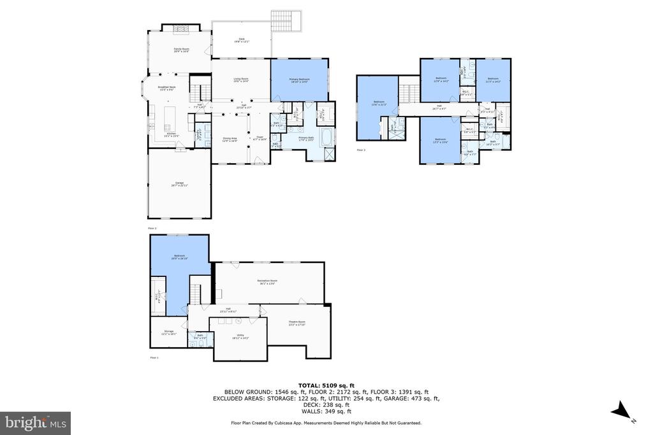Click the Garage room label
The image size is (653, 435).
tap(180, 184)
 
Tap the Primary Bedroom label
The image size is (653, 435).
tap(299, 80)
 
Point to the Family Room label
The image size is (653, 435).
tap(182, 49)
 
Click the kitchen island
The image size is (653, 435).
tap(170, 117)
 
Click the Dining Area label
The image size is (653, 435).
tap(230, 139)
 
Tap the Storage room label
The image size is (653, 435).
tap(168, 332)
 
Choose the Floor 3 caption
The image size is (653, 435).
tap(361, 150)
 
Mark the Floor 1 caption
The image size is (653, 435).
tap(154, 358)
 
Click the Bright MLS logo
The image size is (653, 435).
tap(36, 423)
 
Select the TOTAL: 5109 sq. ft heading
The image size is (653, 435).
tap(326, 385)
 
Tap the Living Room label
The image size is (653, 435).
tap(240, 80)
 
